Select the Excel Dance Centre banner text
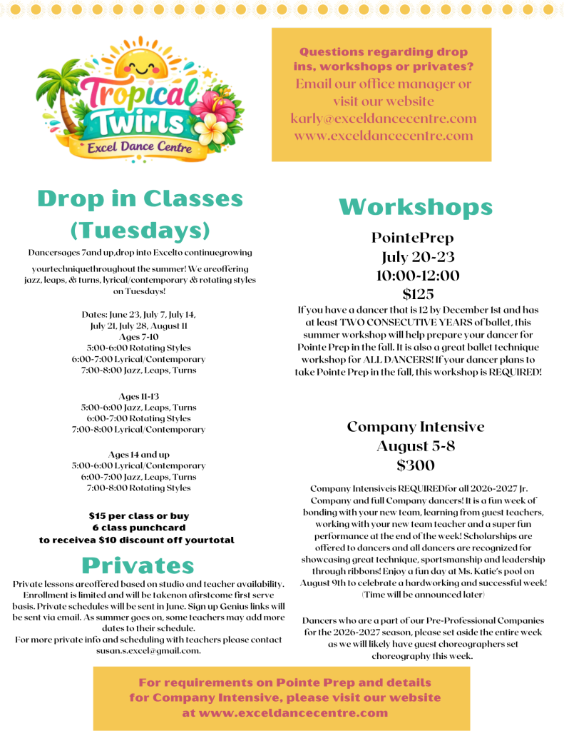tap(136, 148)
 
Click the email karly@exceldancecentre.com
tap(383, 119)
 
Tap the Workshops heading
tap(416, 207)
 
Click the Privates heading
tap(138, 565)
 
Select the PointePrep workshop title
tap(412, 238)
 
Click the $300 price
tap(416, 465)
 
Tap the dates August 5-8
tap(415, 446)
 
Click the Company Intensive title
tap(416, 427)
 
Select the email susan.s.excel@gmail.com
tap(148, 650)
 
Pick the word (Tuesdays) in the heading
tap(140, 231)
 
